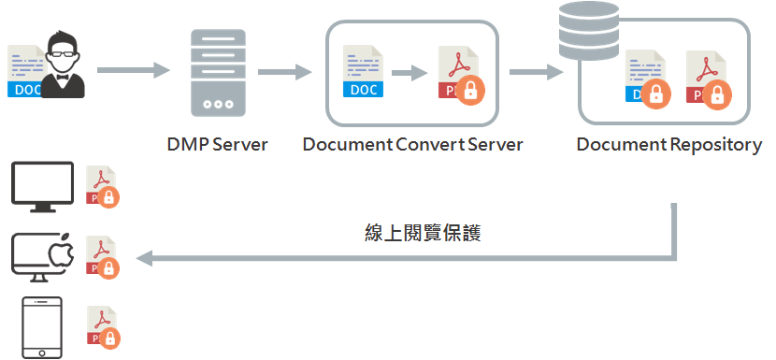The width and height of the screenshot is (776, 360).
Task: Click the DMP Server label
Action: tap(217, 145)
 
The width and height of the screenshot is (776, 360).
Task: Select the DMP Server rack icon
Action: tap(218, 72)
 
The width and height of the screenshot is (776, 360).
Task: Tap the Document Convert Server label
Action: tap(412, 145)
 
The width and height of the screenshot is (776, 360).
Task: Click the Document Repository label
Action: tap(668, 145)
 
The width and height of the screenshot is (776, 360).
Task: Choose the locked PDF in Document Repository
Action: tap(707, 79)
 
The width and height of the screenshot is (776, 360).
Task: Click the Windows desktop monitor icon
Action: tap(42, 183)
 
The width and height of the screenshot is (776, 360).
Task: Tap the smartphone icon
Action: tap(41, 327)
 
